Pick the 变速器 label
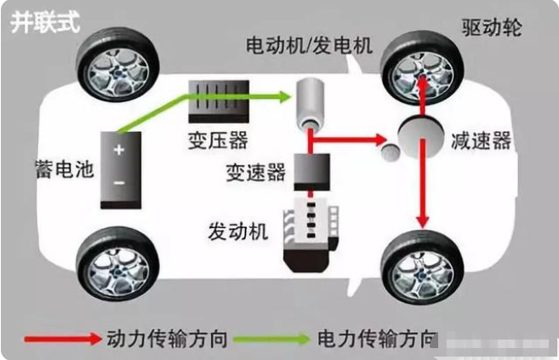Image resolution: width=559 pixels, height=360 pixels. [255, 172]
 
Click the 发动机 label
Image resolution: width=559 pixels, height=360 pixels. [237, 231]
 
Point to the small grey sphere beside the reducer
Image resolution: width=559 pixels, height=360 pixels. [390, 151]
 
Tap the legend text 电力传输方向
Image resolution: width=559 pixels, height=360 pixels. [375, 339]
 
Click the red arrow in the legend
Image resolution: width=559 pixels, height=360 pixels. [62, 339]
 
